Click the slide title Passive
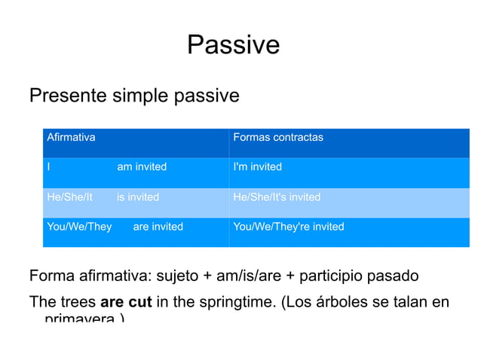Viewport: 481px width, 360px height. pos(233,45)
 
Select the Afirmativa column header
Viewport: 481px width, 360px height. pos(71,137)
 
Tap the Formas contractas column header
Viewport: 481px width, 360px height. pos(278,137)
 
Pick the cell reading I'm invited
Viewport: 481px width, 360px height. pos(258,166)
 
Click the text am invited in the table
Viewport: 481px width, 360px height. pos(142,166)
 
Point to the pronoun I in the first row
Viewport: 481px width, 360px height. pos(48,166)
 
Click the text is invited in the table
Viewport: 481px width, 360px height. pos(138,197)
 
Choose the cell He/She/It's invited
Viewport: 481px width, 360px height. pos(277,197)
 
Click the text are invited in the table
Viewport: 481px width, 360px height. pos(158,227)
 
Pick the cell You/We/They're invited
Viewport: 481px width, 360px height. pos(289,227)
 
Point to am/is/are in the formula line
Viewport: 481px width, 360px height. pos(248,276)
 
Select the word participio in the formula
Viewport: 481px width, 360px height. pos(338,276)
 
